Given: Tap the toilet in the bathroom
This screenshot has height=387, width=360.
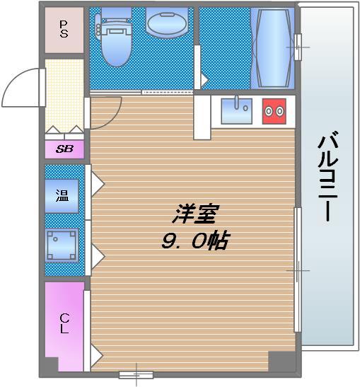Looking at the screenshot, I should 113,39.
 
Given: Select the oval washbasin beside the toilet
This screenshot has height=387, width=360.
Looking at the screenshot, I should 166,23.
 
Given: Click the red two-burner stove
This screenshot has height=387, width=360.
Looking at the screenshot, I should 274,110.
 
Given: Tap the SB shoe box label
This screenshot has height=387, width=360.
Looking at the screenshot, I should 64,149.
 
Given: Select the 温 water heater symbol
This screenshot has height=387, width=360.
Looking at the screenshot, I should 62,196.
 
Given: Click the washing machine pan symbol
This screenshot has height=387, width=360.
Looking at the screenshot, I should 62,246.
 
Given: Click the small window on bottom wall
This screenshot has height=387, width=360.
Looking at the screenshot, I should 136,374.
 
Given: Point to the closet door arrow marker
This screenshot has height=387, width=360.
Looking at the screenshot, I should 96,353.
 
